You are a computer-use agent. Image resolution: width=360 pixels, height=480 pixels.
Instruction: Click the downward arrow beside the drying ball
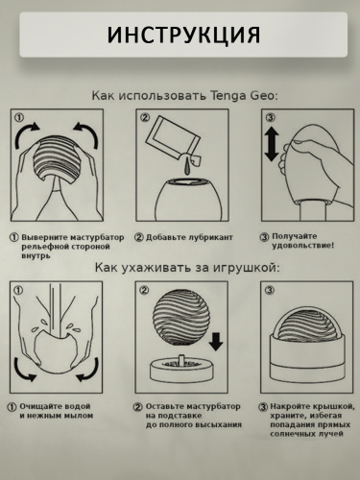click(x=215, y=341)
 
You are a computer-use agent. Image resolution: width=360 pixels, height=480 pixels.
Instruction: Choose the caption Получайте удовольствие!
click(x=302, y=241)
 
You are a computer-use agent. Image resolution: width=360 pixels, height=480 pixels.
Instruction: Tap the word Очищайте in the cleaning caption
click(x=46, y=407)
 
